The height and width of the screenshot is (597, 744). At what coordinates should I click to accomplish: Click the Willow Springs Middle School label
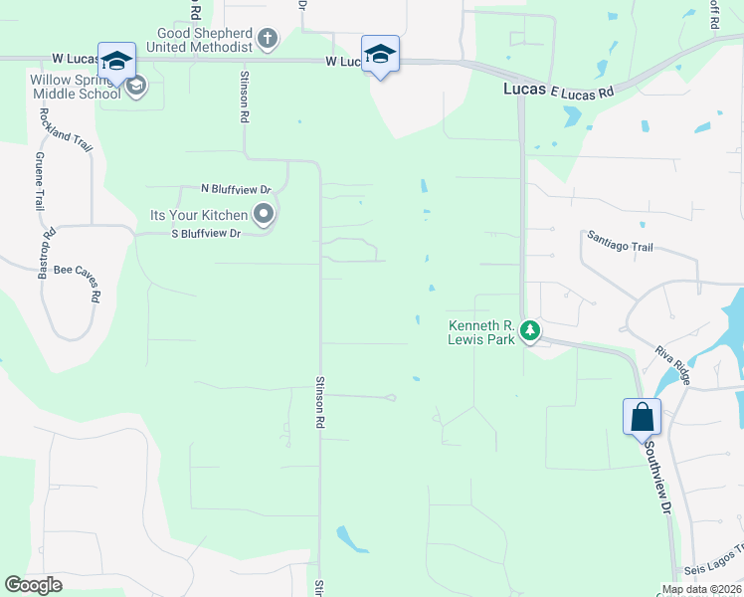click(x=76, y=87)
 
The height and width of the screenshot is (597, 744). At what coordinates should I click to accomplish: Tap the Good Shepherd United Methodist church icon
click(x=267, y=40)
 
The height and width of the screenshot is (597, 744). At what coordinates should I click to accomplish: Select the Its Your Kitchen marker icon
click(x=264, y=214)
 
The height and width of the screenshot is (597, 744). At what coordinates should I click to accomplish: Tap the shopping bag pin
click(x=642, y=416)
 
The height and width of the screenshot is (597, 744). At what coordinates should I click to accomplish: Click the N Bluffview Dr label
click(x=236, y=188)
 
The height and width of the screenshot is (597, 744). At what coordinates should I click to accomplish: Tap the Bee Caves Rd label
click(x=78, y=282)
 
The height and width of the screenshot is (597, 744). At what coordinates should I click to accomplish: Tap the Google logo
click(x=33, y=585)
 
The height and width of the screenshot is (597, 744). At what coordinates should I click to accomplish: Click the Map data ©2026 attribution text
click(x=699, y=589)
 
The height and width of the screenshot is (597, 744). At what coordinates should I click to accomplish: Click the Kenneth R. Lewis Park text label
click(x=482, y=332)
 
